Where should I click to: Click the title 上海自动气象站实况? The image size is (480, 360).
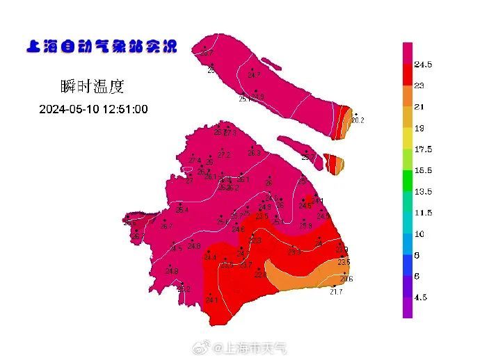(x=101, y=47)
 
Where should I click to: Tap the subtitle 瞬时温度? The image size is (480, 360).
(x=92, y=87)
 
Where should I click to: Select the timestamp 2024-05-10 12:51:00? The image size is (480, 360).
(x=93, y=109)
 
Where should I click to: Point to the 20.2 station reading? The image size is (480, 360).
(x=358, y=120)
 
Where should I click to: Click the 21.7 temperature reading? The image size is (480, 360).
(x=336, y=291)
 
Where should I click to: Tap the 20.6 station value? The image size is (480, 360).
(x=346, y=279)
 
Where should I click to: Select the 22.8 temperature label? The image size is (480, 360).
(x=260, y=275)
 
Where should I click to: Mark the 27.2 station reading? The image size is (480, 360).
(x=223, y=155)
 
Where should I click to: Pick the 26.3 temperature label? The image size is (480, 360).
(x=254, y=153)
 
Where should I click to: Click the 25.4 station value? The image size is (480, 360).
(x=182, y=210)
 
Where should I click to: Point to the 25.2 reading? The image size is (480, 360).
(x=184, y=289)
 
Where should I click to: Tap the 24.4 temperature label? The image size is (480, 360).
(x=210, y=257)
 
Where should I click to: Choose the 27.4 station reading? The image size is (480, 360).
(x=194, y=161)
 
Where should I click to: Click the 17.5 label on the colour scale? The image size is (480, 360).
(x=423, y=149)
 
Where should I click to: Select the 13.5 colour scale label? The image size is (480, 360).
(x=423, y=192)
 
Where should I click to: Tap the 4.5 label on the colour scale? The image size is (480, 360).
(x=422, y=297)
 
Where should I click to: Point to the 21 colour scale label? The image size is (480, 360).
(x=419, y=107)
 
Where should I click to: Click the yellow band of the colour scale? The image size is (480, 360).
(x=408, y=139)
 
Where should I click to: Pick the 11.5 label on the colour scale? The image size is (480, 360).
(x=423, y=213)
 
